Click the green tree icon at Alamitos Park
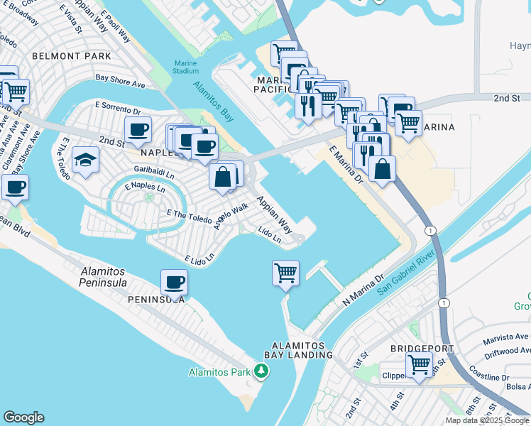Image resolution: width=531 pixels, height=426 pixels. pos(262,371)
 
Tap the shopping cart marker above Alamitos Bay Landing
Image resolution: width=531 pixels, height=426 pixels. pos(285,272)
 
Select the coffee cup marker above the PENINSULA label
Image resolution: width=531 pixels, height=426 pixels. pos(174,283)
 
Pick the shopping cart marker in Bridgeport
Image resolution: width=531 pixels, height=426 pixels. pos(419,365)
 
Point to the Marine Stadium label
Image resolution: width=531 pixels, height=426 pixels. pos(185,67)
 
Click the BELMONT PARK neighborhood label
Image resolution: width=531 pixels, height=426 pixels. pos(70,55)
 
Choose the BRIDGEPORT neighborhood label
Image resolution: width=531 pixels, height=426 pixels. pos(417,349)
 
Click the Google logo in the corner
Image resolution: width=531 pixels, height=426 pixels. pos(23,417)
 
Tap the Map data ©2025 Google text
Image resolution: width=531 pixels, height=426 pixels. pos(488,420)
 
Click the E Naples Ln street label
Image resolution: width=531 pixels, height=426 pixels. pos(144,188)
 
